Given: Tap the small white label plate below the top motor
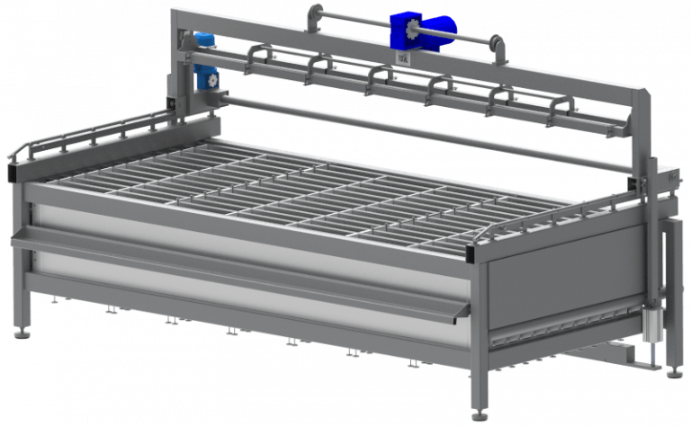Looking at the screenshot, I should (x=402, y=57).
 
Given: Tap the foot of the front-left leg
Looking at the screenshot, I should (x=21, y=334).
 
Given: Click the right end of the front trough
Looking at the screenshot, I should (x=461, y=310).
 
